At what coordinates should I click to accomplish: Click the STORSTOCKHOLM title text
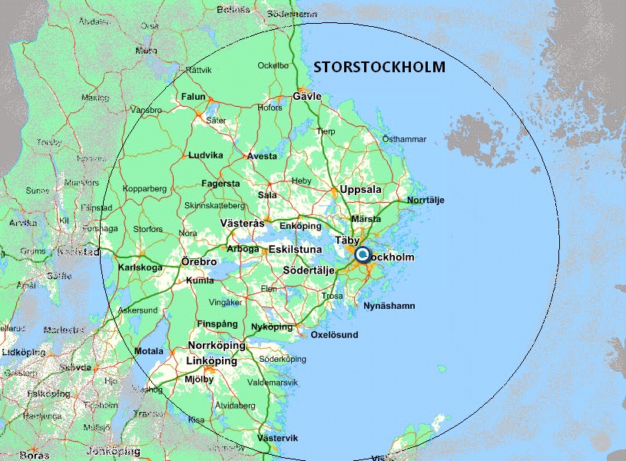379,68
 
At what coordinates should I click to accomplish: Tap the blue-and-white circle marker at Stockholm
361,254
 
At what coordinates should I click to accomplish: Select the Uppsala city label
360,189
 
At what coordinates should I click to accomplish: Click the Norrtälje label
426,201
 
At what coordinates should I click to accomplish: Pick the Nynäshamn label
389,306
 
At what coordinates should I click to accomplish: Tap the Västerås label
242,224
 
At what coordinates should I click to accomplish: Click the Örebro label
198,262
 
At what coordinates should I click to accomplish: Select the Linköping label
212,361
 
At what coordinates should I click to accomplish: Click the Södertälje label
309,271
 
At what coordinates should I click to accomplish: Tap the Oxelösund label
333,336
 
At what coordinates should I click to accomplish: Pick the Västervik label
277,438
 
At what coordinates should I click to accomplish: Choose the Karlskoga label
141,267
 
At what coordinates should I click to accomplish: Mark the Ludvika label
206,155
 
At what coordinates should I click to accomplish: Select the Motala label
148,351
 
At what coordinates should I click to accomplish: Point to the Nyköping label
272,327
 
